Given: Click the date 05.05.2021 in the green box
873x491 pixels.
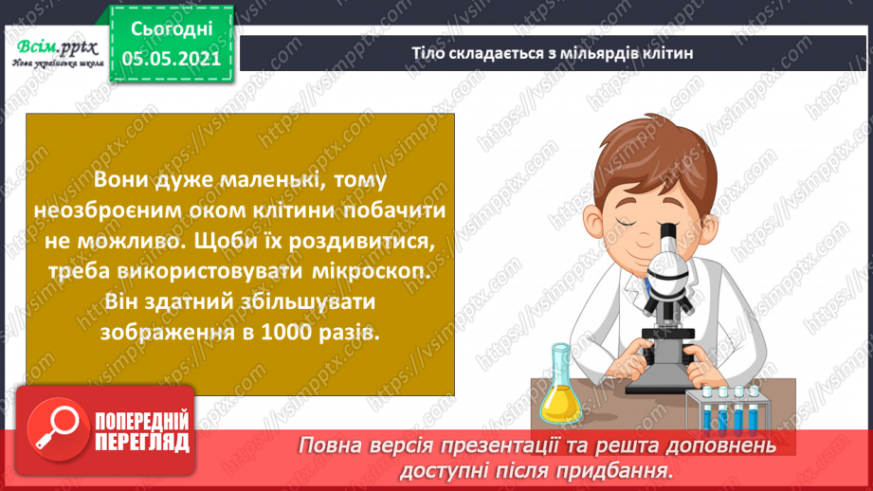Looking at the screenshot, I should (171, 57).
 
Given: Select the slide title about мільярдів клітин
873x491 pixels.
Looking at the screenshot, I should (553, 53).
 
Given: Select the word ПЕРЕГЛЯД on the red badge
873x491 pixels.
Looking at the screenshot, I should (142, 441).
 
